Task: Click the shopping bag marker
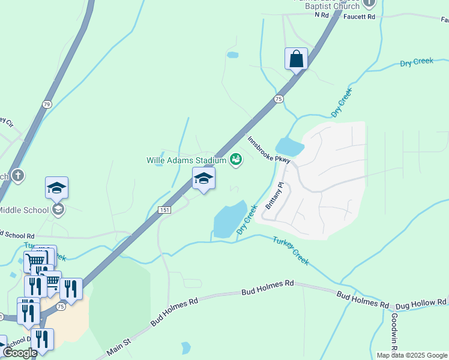pyautogui.click(x=296, y=59)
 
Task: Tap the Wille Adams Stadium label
pyautogui.click(x=186, y=160)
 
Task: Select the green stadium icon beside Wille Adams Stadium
pyautogui.click(x=236, y=160)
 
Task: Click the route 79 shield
pyautogui.click(x=47, y=104)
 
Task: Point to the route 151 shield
pyautogui.click(x=164, y=209)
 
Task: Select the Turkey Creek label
pyautogui.click(x=291, y=250)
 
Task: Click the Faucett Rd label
pyautogui.click(x=359, y=17)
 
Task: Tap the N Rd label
pyautogui.click(x=322, y=16)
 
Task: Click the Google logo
pyautogui.click(x=20, y=353)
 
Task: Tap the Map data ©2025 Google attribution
pyautogui.click(x=412, y=355)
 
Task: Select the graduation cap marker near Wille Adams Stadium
pyautogui.click(x=203, y=179)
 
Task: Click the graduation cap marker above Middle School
pyautogui.click(x=57, y=188)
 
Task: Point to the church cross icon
pyautogui.click(x=18, y=175)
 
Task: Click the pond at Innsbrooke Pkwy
pyautogui.click(x=290, y=146)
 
